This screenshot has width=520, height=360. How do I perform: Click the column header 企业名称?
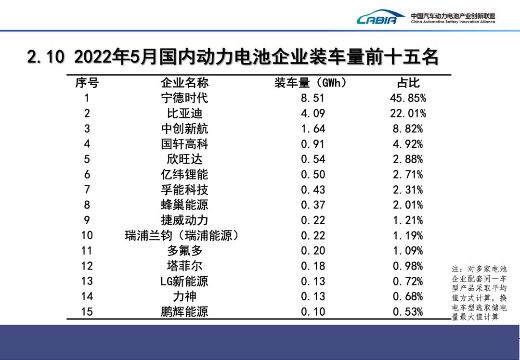coord(184,83)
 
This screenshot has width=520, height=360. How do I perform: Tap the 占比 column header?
coord(408,83)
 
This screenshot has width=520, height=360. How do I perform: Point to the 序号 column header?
coord(87,83)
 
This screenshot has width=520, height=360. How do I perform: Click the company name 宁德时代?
coord(184,98)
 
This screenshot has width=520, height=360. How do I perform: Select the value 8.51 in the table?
coord(313,98)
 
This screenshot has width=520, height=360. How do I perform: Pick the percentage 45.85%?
coord(408,98)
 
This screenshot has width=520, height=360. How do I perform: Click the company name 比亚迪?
coord(184,114)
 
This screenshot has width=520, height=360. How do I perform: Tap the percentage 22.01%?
coord(408,114)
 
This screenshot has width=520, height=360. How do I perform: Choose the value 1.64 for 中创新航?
coord(313,129)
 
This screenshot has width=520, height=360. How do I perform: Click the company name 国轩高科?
coord(184,144)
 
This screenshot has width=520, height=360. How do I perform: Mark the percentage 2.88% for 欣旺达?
coord(408,159)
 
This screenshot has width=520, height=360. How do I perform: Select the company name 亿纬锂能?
coord(184,174)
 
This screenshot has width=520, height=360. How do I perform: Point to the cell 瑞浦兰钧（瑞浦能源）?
coord(182,235)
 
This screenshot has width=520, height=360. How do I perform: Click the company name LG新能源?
coord(184,281)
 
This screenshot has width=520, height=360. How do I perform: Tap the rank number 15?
coord(87,311)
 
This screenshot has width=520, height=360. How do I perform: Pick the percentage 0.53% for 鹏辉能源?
coord(408,311)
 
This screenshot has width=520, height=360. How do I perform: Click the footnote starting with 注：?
coord(479,293)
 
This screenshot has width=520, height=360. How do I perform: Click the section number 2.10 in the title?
coord(46,57)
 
